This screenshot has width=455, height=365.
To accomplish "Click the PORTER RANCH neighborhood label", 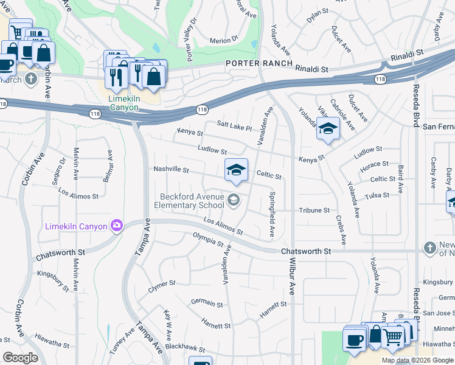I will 260,64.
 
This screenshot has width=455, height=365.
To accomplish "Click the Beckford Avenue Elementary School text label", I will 192,201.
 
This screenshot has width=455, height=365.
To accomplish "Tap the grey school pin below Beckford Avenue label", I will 234,200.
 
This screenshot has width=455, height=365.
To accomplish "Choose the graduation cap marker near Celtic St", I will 236,170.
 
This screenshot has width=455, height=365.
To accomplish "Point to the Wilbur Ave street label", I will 291,298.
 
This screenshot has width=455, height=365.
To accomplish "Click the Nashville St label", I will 172,170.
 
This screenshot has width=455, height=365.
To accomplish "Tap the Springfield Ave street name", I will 272,215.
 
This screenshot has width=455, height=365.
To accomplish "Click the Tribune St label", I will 314,210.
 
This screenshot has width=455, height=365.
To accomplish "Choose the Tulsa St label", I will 377,196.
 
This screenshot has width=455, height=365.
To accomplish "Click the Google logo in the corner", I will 20,358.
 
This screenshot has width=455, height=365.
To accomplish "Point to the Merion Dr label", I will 223,40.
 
